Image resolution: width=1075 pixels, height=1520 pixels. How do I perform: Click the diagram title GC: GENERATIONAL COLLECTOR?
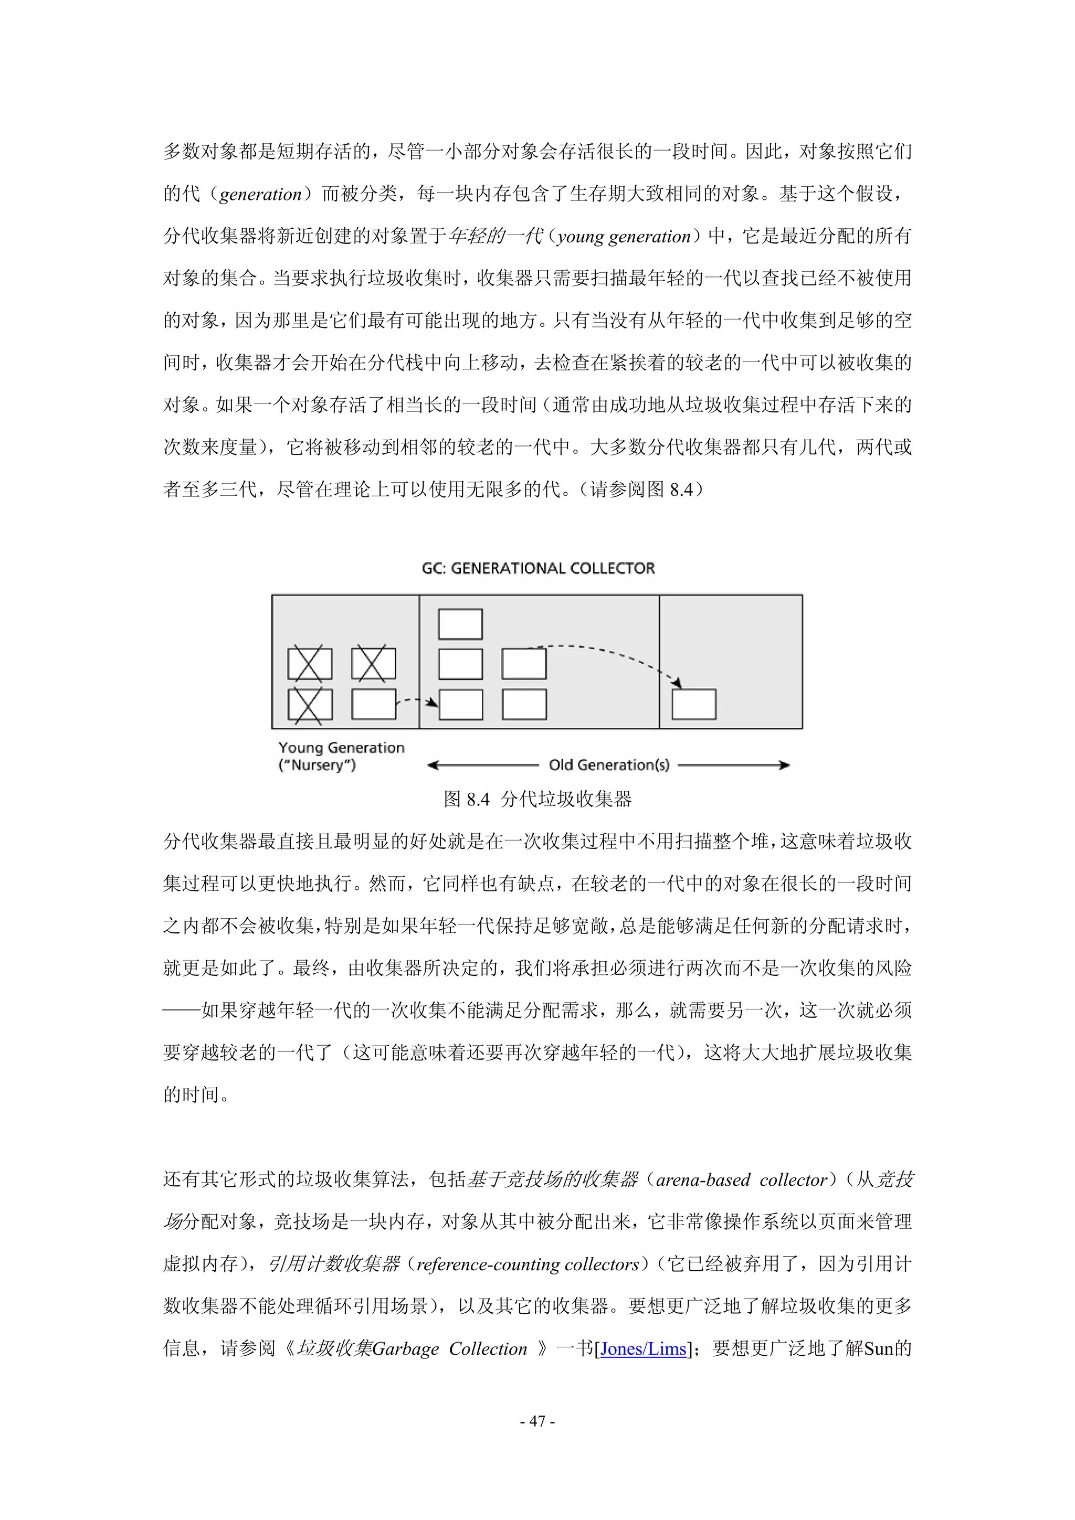coord(538,568)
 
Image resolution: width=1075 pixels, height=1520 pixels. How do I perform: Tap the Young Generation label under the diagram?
coord(341,748)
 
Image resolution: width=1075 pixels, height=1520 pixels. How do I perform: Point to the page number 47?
coord(537,1421)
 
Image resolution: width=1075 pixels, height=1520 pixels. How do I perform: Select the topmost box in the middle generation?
coord(460,624)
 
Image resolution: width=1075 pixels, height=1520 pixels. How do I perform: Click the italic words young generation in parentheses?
coord(624,236)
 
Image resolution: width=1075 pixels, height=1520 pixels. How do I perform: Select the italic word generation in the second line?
coord(260,194)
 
